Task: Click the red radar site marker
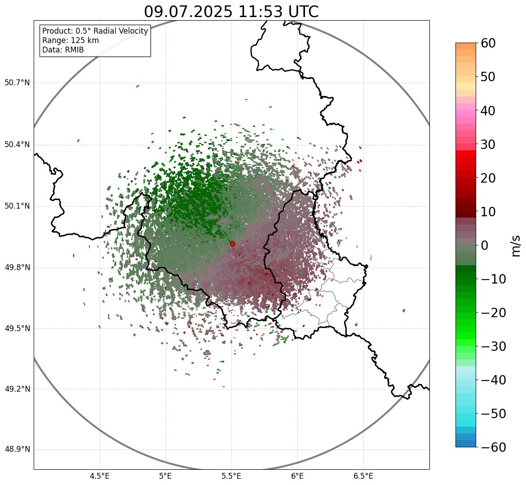tap(232, 244)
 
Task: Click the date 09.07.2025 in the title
tap(188, 12)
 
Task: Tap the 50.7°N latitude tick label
tap(17, 83)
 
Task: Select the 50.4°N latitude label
tap(17, 145)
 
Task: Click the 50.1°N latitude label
tap(17, 206)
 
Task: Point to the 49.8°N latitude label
tap(17, 268)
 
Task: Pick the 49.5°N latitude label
tap(17, 328)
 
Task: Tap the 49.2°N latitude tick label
tap(17, 389)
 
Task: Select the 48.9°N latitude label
tap(17, 450)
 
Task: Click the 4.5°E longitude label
tap(100, 476)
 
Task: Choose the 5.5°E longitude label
tap(231, 476)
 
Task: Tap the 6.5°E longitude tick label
tap(363, 476)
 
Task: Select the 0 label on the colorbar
tap(485, 245)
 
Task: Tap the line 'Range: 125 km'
tap(71, 40)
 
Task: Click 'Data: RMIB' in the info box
tap(63, 50)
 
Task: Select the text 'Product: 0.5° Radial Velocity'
tap(95, 31)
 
